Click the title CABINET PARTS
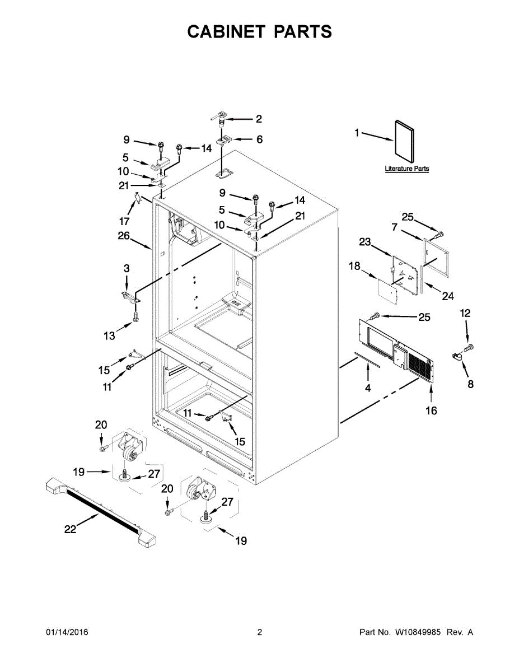pyautogui.click(x=259, y=32)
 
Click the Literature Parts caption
pyautogui.click(x=407, y=169)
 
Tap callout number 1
pyautogui.click(x=356, y=133)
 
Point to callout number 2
pyautogui.click(x=259, y=119)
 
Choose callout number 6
pyautogui.click(x=259, y=139)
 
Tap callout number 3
pyautogui.click(x=127, y=269)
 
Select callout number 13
pyautogui.click(x=110, y=335)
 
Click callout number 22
pyautogui.click(x=70, y=529)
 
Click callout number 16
pyautogui.click(x=431, y=410)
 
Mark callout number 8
pyautogui.click(x=470, y=384)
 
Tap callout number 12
pyautogui.click(x=466, y=314)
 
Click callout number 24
pyautogui.click(x=448, y=296)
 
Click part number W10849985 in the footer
pyautogui.click(x=418, y=632)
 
